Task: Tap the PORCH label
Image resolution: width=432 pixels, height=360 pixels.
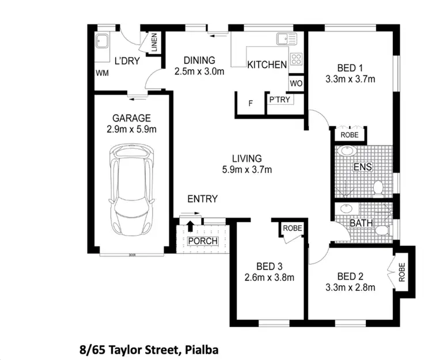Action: tap(203, 240)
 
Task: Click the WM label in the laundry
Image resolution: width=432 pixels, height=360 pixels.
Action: tap(102, 73)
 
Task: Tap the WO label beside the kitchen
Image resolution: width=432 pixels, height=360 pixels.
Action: tap(296, 83)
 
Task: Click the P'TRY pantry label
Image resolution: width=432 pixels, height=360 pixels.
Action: tap(280, 100)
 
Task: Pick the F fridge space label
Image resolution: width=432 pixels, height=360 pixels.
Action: tap(250, 104)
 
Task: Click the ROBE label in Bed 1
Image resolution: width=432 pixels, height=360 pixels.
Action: tap(350, 135)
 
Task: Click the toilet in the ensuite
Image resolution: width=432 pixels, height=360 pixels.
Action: tap(378, 187)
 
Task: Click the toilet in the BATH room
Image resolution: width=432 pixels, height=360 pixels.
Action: tap(381, 230)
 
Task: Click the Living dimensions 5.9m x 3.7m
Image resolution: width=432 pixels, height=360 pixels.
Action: tap(247, 169)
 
